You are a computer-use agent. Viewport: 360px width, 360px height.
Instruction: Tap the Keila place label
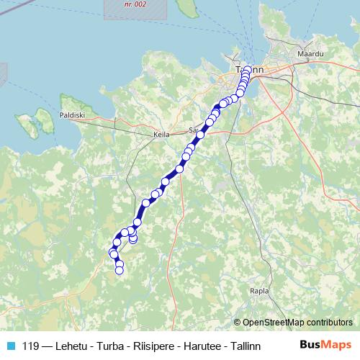pyautogui.click(x=161, y=134)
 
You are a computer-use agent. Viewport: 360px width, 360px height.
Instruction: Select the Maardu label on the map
pyautogui.click(x=310, y=54)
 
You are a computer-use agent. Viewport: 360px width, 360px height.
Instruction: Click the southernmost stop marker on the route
pyautogui.click(x=120, y=270)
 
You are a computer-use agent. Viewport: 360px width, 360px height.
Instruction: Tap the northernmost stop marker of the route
pyautogui.click(x=248, y=70)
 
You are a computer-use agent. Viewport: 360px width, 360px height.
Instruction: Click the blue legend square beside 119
pyautogui.click(x=10, y=345)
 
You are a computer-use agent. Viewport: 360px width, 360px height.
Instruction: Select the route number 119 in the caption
pyautogui.click(x=32, y=345)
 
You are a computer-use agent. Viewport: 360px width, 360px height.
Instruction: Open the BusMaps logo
pyautogui.click(x=325, y=345)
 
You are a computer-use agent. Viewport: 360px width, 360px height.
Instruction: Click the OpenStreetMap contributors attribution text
pyautogui.click(x=297, y=323)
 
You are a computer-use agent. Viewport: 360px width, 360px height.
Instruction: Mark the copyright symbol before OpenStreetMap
pyautogui.click(x=238, y=323)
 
